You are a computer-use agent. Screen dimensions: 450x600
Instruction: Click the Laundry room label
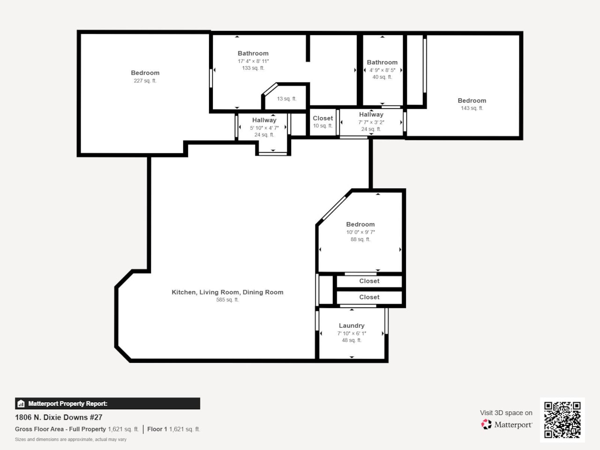(x=352, y=325)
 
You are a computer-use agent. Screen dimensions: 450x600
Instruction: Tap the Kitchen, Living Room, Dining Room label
(x=227, y=292)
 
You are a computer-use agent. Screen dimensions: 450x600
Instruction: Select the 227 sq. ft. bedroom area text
(x=145, y=81)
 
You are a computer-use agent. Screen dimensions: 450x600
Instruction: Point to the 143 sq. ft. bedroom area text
(x=472, y=108)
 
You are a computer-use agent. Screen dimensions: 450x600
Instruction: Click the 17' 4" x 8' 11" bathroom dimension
(x=253, y=61)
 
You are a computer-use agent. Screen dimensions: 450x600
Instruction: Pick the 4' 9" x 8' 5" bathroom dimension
(x=382, y=70)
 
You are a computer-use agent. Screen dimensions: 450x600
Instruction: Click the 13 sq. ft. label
(x=286, y=99)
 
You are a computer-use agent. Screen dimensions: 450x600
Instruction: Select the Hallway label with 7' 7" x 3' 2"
(x=371, y=114)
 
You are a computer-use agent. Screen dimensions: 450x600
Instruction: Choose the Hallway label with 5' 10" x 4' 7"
(x=264, y=120)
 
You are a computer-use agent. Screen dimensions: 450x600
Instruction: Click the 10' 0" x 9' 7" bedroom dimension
(x=360, y=232)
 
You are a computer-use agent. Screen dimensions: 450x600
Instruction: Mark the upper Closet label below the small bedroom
(x=369, y=281)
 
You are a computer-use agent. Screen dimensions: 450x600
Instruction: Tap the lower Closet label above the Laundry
(x=369, y=297)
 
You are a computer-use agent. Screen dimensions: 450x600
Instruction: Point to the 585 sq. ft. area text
(x=227, y=300)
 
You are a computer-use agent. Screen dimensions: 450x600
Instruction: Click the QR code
(x=562, y=420)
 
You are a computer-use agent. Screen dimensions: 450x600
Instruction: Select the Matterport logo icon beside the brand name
(x=486, y=424)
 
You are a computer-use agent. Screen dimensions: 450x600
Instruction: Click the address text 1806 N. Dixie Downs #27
(x=59, y=417)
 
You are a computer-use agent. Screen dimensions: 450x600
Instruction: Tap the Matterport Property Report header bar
(x=107, y=404)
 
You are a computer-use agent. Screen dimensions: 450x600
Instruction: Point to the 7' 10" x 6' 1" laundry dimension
(x=352, y=333)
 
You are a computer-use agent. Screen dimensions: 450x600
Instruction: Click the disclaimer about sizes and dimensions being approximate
(x=71, y=440)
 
